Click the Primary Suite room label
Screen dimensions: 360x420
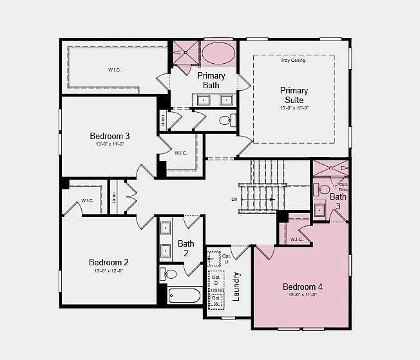[294, 95]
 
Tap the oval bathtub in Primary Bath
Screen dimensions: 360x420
[219, 52]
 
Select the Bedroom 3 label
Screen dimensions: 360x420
[110, 136]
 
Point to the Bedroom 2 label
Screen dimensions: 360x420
[109, 262]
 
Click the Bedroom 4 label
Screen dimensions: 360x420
[302, 287]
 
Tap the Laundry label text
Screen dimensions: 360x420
[236, 287]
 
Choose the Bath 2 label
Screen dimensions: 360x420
[186, 248]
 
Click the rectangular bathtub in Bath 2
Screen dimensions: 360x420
[184, 296]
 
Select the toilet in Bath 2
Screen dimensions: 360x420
[169, 274]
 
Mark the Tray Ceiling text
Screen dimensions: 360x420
[293, 61]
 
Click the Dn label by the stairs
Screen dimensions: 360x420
[234, 200]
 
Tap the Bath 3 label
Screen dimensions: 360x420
[338, 201]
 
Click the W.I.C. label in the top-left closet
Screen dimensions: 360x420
[115, 68]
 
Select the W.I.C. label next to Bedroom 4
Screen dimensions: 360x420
[296, 239]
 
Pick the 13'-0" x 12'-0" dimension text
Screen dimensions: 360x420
[109, 271]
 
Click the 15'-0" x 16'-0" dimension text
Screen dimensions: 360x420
[294, 108]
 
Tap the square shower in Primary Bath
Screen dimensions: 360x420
[186, 52]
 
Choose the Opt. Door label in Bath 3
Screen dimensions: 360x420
[343, 186]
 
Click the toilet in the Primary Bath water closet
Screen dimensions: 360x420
[226, 120]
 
